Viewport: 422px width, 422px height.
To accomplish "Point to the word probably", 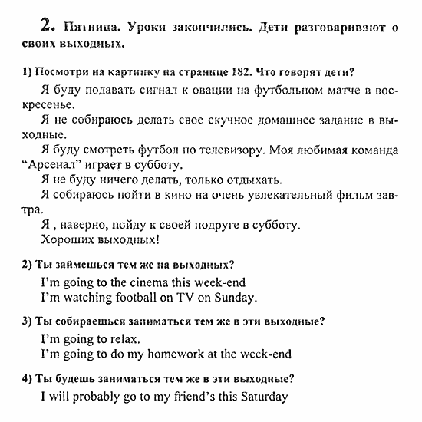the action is click(x=104, y=397).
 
